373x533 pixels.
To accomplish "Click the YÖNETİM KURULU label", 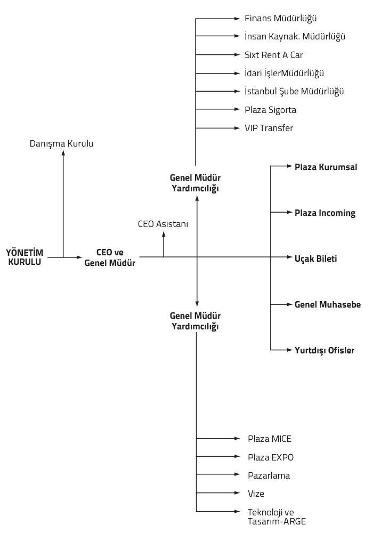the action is (25, 257).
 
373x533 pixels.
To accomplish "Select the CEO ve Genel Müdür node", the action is (110, 257).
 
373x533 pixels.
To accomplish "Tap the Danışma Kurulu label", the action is (61, 144).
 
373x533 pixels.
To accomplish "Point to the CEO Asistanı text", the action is (163, 224).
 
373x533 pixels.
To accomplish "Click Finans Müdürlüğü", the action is (281, 18).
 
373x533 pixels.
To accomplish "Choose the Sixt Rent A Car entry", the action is (273, 55).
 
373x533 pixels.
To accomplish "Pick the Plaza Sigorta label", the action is (270, 110).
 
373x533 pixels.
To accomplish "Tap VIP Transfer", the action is (269, 128).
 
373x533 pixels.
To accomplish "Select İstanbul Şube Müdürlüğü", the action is (294, 92).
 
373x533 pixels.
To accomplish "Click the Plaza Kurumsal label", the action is (326, 167).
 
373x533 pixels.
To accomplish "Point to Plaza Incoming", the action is (325, 213).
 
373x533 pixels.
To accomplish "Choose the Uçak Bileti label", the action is (315, 259).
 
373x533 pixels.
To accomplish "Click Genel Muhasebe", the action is (328, 304).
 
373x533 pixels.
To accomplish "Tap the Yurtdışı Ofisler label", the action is (325, 351).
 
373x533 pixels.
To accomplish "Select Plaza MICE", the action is (270, 439).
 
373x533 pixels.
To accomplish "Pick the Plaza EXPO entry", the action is (270, 457).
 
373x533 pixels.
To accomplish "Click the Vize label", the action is (256, 494).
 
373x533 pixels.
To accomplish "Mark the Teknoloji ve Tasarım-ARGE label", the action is (277, 516).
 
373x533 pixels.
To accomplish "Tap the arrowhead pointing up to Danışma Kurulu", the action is (63, 152).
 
